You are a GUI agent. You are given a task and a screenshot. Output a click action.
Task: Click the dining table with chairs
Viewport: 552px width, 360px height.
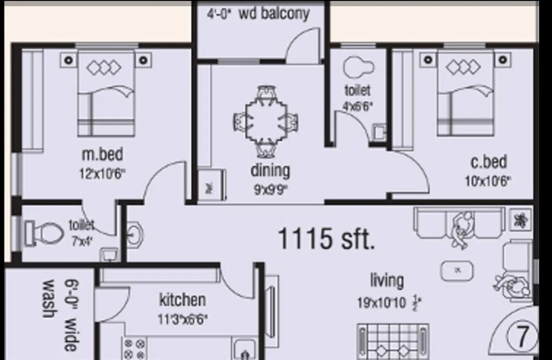(x=266, y=121)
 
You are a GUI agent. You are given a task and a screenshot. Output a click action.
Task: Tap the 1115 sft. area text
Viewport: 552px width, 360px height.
(x=325, y=238)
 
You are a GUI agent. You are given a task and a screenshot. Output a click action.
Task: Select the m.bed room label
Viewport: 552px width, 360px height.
(x=102, y=154)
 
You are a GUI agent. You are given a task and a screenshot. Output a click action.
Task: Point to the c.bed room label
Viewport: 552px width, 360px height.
(x=488, y=162)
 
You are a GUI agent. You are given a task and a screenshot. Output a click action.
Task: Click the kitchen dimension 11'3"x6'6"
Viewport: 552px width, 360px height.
(x=182, y=319)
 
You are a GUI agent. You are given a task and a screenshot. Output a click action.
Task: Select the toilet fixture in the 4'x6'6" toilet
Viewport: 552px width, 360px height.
(x=358, y=67)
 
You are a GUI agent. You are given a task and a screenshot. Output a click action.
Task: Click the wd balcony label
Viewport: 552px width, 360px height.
(x=273, y=13)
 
